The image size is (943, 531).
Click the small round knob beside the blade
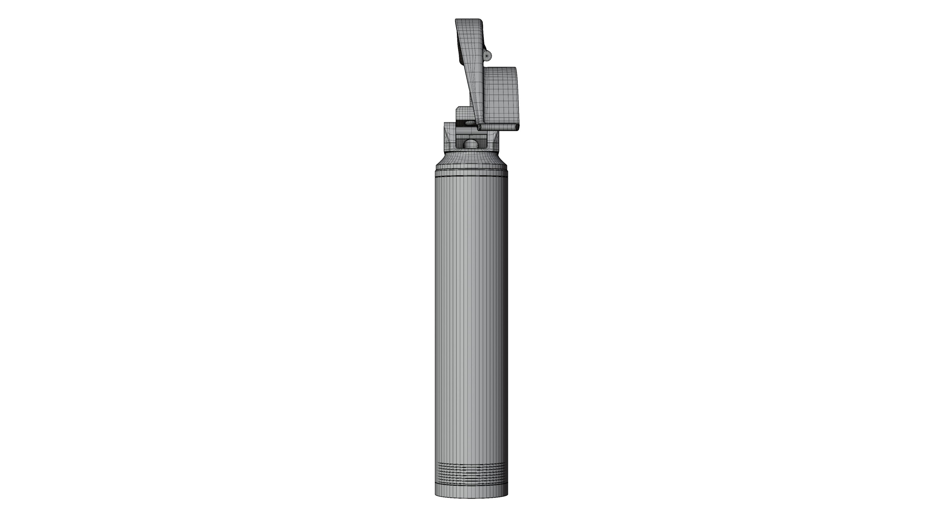tap(487, 55)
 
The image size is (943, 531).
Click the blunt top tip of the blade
tap(469, 22)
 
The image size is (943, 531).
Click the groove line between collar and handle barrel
tap(471, 177)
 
